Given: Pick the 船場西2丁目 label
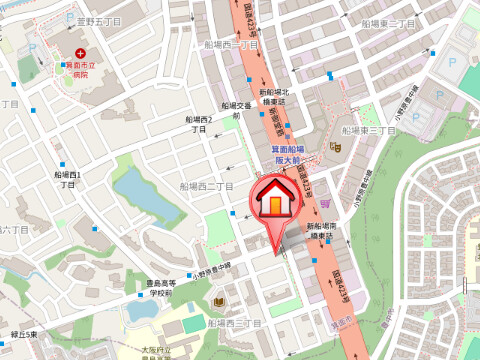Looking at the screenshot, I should (x=198, y=124).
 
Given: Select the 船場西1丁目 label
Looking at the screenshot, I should (x=68, y=180).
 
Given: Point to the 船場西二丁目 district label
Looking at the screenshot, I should (x=206, y=186).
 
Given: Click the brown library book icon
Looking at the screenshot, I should (x=219, y=302).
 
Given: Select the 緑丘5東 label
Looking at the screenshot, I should (x=23, y=333).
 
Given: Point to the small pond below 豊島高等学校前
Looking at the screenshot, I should (x=140, y=310).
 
